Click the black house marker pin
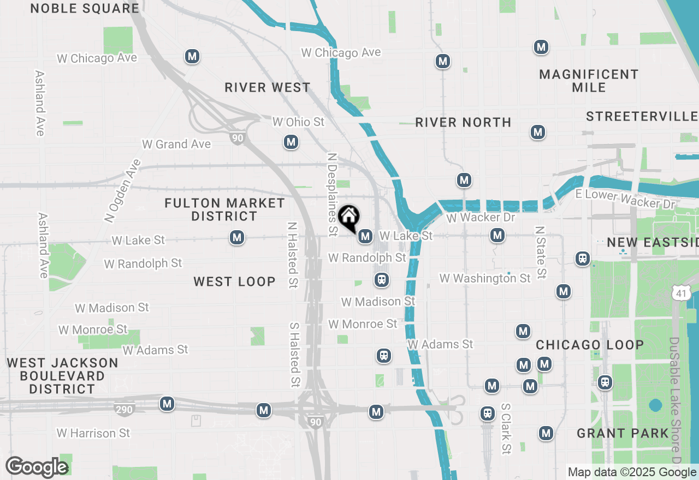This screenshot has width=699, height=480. [348, 217]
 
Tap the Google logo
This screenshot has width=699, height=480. [37, 467]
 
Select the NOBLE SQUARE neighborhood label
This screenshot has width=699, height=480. [85, 8]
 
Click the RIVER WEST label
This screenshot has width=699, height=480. [268, 87]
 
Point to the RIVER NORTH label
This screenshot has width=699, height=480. [463, 122]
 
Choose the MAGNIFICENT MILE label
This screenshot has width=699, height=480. [589, 81]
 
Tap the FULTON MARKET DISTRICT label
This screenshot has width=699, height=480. [224, 210]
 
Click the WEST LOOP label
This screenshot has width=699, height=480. [234, 281]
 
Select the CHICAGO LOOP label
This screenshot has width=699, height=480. [590, 345]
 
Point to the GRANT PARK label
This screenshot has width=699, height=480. [623, 434]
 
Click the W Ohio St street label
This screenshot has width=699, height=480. [298, 122]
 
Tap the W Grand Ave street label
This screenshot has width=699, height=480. [176, 144]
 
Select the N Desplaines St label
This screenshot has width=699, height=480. [331, 194]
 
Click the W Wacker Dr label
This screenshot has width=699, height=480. [473, 218]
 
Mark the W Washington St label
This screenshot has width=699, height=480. [485, 278]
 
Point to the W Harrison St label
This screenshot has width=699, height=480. [93, 433]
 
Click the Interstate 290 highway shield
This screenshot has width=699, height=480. [125, 409]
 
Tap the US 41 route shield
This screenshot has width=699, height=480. [680, 292]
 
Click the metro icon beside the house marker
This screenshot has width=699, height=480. [365, 236]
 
